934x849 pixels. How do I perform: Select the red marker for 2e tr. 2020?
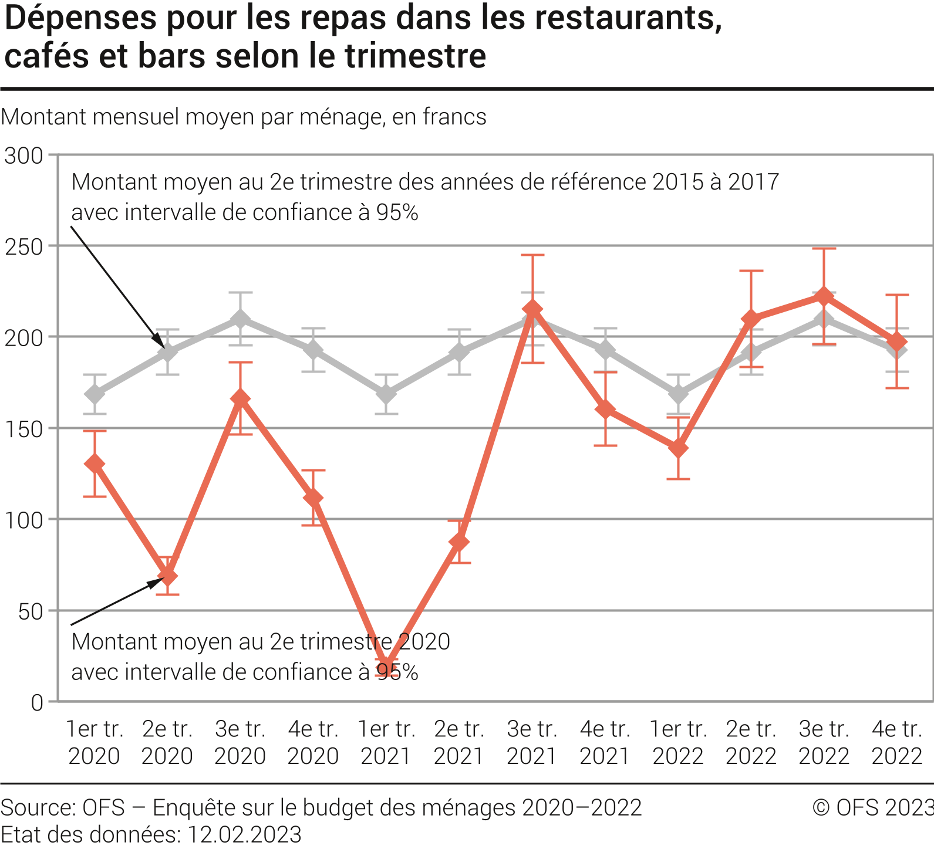[x=167, y=576]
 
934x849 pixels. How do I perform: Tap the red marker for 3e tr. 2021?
[x=532, y=309]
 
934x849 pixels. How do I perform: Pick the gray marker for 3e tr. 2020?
[x=240, y=319]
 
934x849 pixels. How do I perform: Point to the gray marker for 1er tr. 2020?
[x=95, y=394]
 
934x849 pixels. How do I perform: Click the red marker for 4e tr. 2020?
[x=313, y=498]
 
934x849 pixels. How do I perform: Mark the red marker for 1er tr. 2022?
[x=678, y=448]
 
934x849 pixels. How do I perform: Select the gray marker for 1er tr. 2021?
[x=386, y=394]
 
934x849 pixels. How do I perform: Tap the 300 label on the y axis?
[x=23, y=156]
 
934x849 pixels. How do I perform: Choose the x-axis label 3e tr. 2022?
[x=824, y=742]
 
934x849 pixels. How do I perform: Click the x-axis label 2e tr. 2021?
[x=459, y=742]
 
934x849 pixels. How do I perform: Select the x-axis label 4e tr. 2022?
[x=897, y=742]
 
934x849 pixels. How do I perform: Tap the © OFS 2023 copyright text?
[x=873, y=808]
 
